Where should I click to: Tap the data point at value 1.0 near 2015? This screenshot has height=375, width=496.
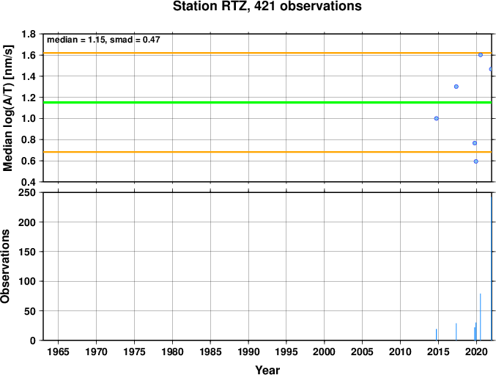click(436, 118)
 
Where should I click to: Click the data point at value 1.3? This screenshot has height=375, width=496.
click(456, 87)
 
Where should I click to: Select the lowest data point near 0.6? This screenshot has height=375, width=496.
click(476, 161)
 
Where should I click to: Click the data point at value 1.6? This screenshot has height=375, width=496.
click(481, 55)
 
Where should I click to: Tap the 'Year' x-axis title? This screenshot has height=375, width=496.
click(267, 371)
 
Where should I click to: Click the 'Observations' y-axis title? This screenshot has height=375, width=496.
click(7, 266)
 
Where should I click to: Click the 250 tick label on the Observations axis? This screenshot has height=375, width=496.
click(27, 193)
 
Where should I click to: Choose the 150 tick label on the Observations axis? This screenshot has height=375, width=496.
click(27, 252)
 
